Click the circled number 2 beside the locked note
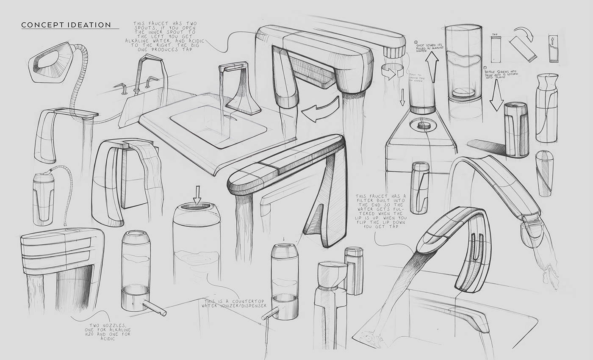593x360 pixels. (x=417, y=42)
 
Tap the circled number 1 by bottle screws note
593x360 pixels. (x=485, y=67)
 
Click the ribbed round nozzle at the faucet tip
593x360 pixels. (x=394, y=51)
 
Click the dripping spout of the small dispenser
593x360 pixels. (x=272, y=314)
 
